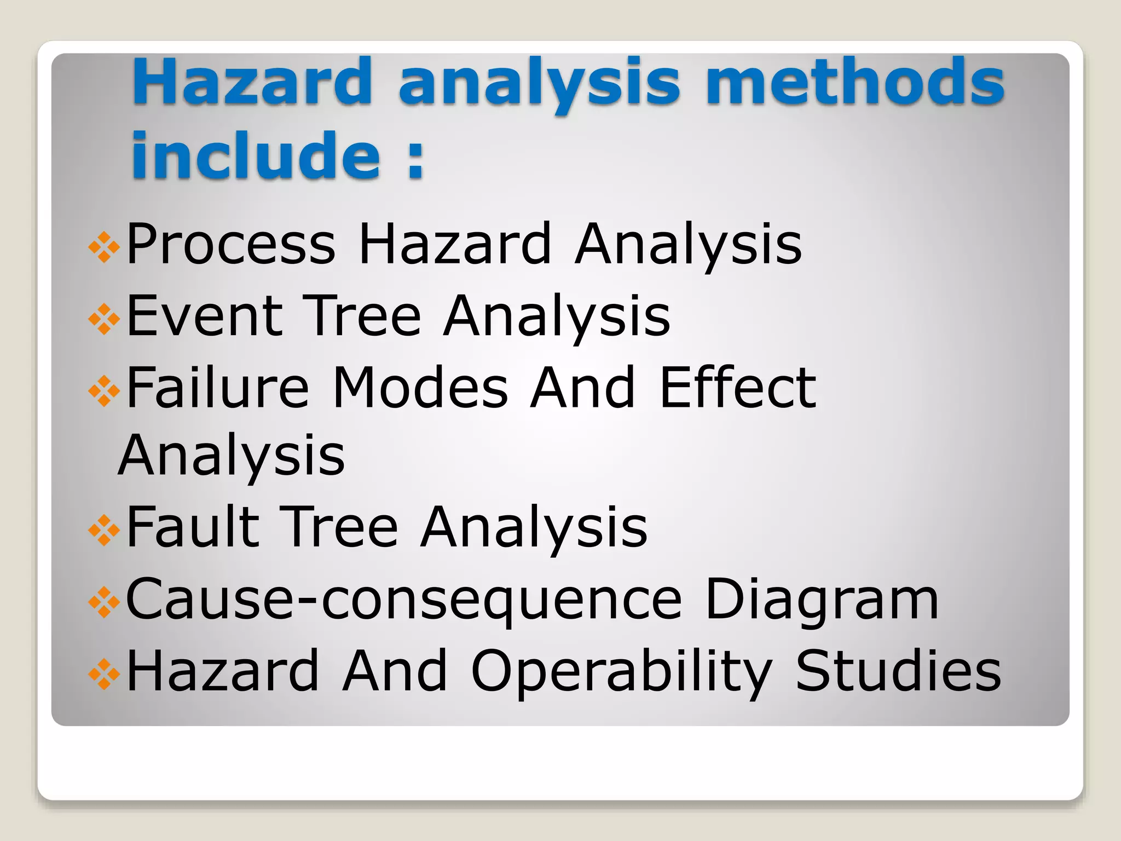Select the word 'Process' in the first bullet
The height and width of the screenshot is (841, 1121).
230,244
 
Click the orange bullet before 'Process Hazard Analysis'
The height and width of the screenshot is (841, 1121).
104,247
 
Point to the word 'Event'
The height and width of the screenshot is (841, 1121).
205,316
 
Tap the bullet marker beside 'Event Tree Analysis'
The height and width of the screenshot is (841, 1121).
104,319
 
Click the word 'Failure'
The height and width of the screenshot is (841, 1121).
218,388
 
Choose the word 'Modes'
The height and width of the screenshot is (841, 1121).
420,388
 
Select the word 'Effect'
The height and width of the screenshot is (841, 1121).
737,388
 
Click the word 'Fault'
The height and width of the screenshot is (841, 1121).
193,527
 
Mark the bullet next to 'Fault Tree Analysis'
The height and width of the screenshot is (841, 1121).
104,531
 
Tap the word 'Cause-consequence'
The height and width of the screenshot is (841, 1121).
404,600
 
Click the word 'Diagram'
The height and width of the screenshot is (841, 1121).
822,600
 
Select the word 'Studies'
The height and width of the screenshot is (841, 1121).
898,671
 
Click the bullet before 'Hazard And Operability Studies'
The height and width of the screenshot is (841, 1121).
104,674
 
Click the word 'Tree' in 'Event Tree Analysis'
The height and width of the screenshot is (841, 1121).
362,316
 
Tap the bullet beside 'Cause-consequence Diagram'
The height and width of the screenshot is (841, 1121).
104,602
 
